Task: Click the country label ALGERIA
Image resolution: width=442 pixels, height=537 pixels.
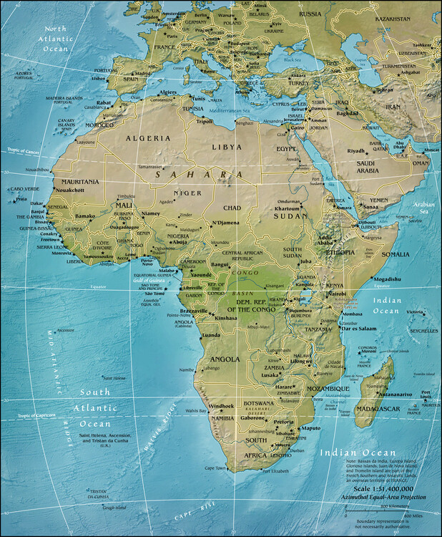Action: [x=148, y=137]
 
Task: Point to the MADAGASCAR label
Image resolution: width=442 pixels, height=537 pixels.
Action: [x=375, y=408]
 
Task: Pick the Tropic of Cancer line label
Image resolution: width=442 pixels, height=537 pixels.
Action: [x=21, y=150]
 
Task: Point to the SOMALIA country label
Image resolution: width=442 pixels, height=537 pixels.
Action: [x=395, y=254]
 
